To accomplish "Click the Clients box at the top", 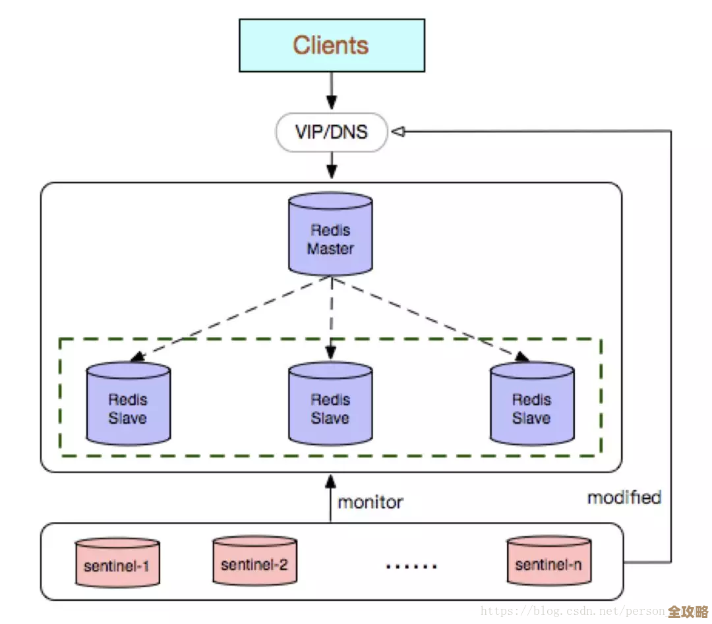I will tap(331, 45).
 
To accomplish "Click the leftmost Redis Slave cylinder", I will tap(128, 403).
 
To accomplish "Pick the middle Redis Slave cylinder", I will tap(330, 403).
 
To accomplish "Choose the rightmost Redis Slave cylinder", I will tap(531, 403).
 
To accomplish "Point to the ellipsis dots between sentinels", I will tap(411, 565).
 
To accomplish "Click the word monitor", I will tap(370, 502).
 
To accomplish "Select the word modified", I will tap(624, 497).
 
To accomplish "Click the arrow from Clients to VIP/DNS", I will tap(331, 91).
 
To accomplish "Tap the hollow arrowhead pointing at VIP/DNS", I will tap(398, 132).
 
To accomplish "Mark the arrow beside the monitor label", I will tap(330, 497).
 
